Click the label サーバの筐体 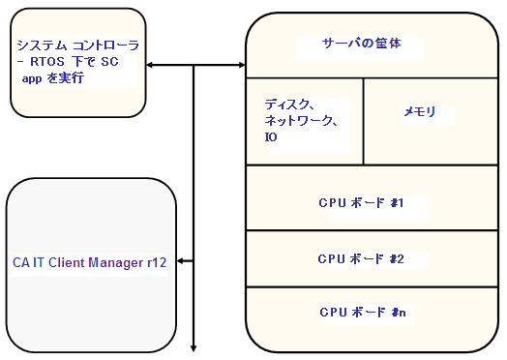360,45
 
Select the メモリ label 419,112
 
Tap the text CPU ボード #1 360,203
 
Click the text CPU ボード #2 360,258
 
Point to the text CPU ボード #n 360,312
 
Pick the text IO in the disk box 271,137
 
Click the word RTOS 46,63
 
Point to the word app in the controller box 33,79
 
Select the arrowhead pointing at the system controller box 152,66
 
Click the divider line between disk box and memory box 363,121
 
